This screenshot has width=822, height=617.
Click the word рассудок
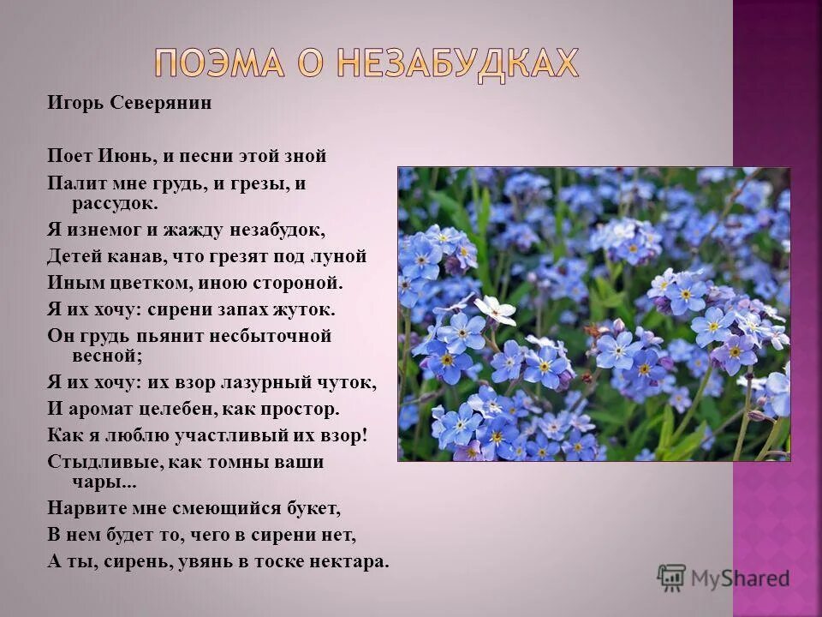116,204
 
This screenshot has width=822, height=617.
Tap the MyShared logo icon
671,578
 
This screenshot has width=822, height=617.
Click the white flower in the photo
495,308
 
